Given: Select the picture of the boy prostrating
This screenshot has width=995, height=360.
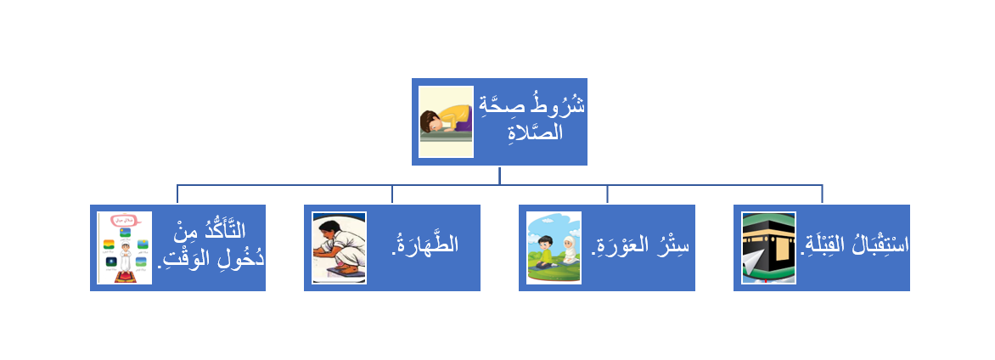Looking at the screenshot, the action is pos(446,121).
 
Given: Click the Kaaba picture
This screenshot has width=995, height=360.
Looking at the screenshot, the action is pos(769,248).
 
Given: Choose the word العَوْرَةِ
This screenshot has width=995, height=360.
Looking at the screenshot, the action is pos(620,246).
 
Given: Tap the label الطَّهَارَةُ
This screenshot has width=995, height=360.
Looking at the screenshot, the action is pos(424,245).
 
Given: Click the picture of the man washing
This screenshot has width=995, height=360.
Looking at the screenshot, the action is pos(340,248).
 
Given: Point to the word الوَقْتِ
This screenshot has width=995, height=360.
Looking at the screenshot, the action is pos(184,260).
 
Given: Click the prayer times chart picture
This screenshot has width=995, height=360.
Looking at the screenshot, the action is pos(124,248).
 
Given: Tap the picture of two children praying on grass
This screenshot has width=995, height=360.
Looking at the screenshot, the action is pos(554,248).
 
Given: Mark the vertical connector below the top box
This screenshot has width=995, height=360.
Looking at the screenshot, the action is pos(499,175).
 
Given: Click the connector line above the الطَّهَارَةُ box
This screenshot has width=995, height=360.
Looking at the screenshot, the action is pos(392,194).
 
